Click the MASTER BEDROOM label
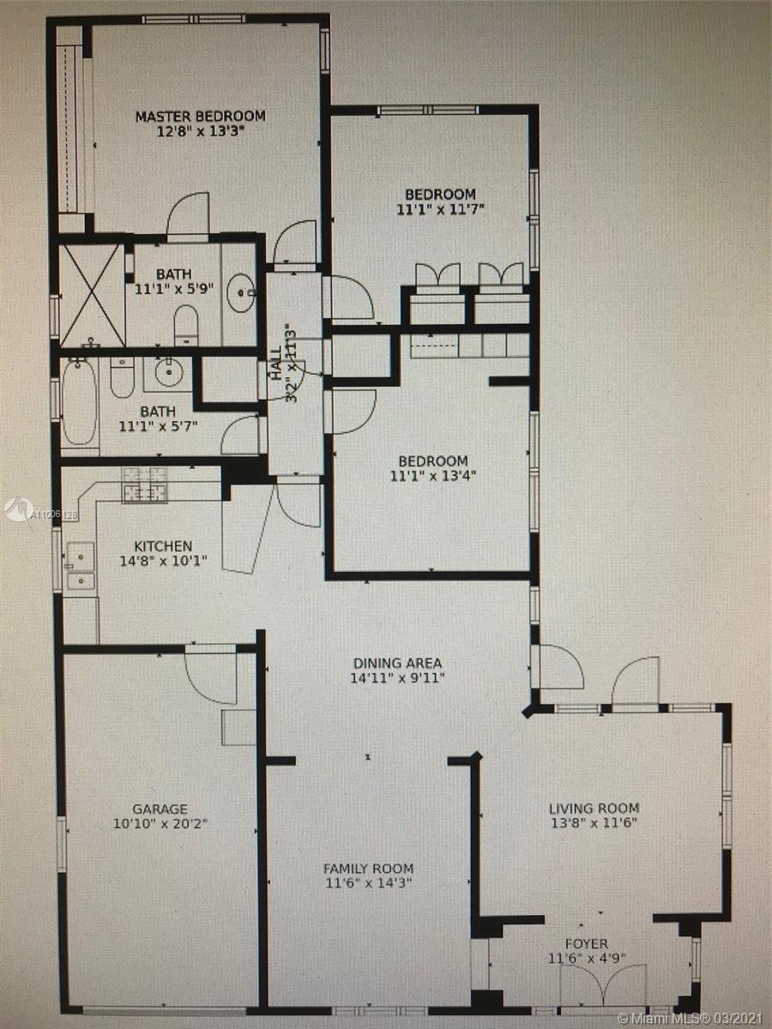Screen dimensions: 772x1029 [x=201, y=116]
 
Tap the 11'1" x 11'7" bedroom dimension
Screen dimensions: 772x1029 [x=440, y=209]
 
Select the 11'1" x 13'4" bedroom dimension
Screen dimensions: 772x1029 [x=433, y=476]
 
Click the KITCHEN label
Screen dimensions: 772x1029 [x=163, y=546]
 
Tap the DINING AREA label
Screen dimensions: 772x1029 [x=397, y=663]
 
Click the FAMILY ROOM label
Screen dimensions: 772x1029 [x=369, y=869]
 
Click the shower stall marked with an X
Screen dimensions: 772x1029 [x=93, y=295]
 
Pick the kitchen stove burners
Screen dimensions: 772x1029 [x=144, y=485]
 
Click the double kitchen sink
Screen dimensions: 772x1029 [x=80, y=569]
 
